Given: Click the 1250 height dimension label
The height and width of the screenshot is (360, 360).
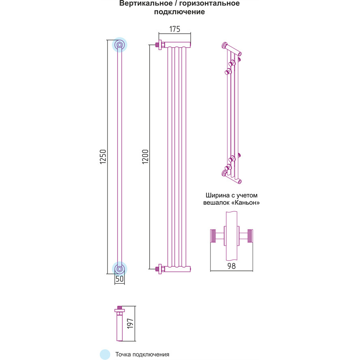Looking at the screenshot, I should (x=103, y=156).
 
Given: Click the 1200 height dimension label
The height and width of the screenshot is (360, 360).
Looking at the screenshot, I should (x=146, y=157).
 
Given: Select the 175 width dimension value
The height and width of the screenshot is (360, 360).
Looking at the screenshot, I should (x=174, y=29).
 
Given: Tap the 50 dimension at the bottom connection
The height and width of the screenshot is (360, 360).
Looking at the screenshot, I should (x=120, y=279).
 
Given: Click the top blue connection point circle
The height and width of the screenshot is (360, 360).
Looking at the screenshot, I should (x=120, y=45).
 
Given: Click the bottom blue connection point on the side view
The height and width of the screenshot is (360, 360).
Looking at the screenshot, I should (x=120, y=268).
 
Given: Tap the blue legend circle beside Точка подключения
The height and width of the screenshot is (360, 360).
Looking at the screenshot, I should (x=105, y=354).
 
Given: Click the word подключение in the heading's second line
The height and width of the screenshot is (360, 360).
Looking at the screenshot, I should (x=179, y=12).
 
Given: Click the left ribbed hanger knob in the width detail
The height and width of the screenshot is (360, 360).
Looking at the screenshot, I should (x=214, y=236).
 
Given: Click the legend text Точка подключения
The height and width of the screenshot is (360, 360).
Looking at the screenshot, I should (x=142, y=354).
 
